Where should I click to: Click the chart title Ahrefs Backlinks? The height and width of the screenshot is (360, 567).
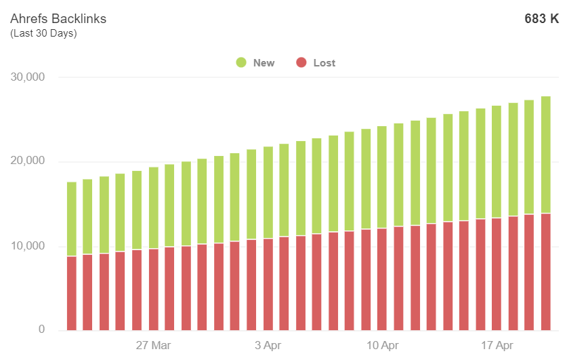(58, 19)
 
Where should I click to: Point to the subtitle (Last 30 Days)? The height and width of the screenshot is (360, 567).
(43, 33)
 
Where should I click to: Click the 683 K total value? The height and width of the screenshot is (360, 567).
(541, 19)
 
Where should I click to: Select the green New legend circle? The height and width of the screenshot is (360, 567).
(241, 63)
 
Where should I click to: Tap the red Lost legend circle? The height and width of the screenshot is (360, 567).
(302, 63)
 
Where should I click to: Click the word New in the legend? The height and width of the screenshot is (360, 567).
(264, 63)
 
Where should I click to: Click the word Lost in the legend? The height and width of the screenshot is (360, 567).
(324, 63)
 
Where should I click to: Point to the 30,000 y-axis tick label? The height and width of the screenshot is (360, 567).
(28, 77)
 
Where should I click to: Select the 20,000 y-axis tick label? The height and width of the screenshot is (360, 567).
(28, 161)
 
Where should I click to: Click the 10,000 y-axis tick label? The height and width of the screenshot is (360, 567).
(28, 246)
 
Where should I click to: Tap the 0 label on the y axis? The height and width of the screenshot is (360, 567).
(41, 330)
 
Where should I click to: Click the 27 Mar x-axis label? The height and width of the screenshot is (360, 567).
(153, 345)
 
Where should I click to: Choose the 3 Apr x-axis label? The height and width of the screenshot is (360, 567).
(268, 345)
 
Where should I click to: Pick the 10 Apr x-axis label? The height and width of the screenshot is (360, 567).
(382, 345)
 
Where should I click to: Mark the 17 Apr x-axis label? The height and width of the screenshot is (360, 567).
(497, 345)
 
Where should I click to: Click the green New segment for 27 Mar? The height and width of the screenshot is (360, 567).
(153, 207)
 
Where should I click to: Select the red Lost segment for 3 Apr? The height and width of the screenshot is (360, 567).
(268, 285)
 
